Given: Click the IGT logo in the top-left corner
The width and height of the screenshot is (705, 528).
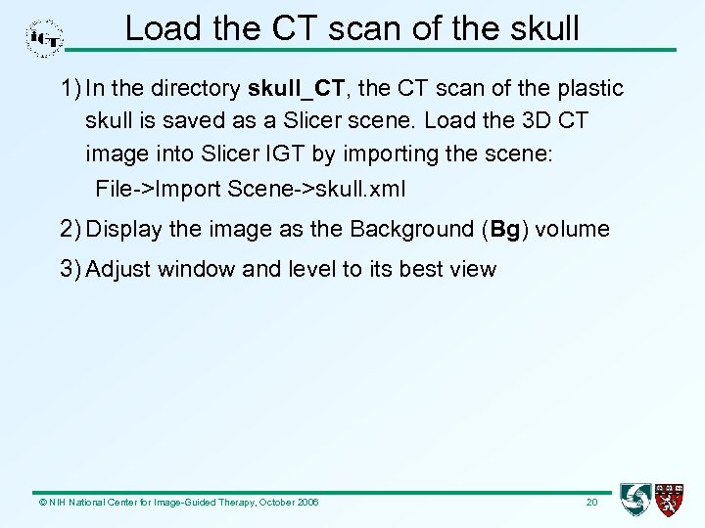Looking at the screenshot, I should point(44,38).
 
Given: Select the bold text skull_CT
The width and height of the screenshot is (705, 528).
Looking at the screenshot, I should point(297,88).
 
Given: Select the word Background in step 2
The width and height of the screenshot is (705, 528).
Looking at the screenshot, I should point(411,230).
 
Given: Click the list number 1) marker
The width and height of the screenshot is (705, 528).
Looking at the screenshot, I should point(70,88).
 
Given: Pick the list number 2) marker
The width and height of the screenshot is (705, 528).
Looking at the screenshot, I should point(70,230).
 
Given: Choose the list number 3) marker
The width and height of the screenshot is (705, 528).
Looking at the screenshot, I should point(70,269).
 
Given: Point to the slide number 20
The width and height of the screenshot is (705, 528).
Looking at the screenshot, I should point(591,503).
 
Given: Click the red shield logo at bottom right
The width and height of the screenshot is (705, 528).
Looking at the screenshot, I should point(671,500).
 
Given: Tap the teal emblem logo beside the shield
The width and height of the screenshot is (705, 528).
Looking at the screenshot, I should point(636,500).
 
